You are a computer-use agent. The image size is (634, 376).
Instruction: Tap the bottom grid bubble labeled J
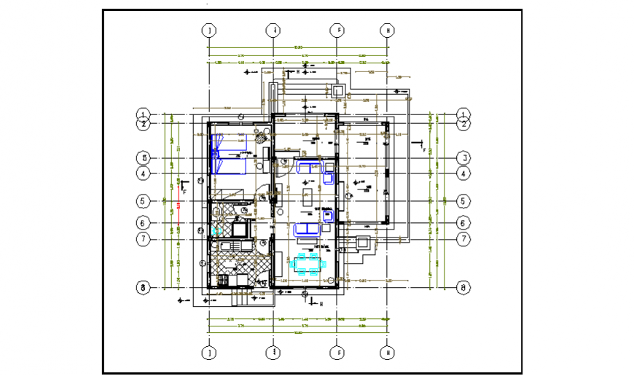coord(209,353)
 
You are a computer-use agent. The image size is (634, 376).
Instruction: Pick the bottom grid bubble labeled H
coord(388,353)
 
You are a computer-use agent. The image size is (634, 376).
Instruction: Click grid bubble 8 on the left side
coord(144,288)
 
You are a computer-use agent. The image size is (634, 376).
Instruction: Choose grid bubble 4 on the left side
coord(144,173)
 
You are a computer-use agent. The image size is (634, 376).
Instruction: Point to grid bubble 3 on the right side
coord(463,158)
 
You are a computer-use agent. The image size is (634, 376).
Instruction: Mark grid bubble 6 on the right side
coord(463,223)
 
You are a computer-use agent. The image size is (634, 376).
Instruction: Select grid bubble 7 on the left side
coord(144,238)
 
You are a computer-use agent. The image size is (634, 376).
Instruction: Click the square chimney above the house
coord(337,90)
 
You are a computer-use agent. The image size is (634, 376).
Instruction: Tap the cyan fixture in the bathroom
coord(216,230)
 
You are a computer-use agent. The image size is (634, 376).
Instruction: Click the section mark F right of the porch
coord(422,145)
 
